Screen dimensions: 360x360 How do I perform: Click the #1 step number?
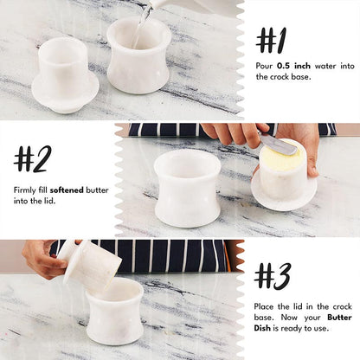coord(271,40)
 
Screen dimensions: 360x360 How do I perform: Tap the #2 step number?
coord(33,158)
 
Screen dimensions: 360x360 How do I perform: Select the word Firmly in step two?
coord(25,189)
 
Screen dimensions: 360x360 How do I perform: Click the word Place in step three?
coord(266,307)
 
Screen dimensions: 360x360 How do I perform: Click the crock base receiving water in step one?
coord(138,55)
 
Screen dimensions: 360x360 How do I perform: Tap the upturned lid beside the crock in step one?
coord(64,74)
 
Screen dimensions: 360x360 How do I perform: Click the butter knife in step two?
coord(277,145)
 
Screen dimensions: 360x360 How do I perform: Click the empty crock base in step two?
coord(188,190)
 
